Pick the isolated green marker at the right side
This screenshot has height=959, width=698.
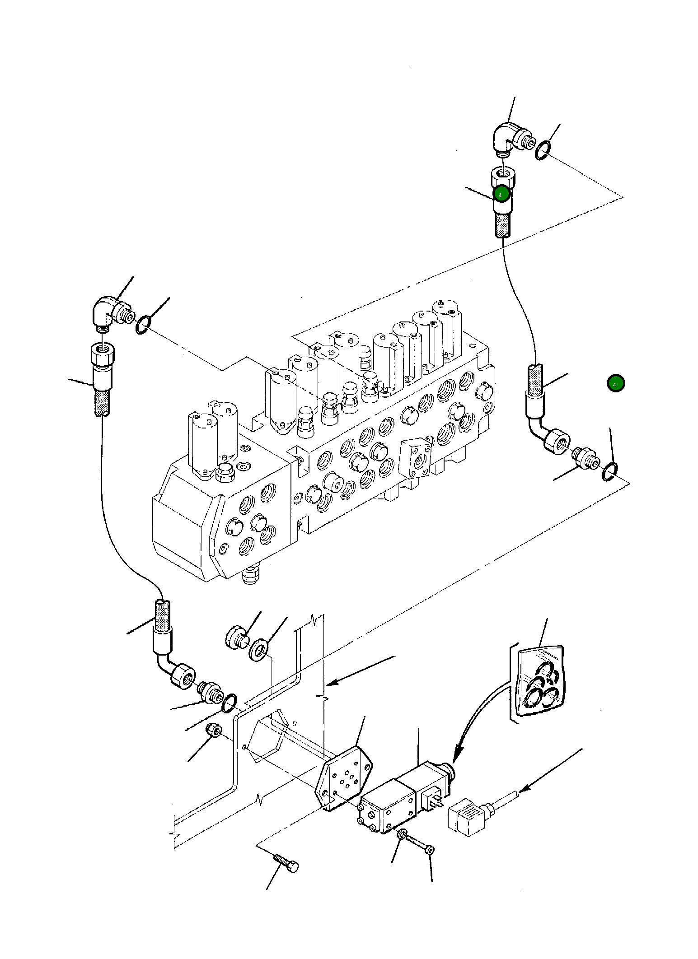click(x=615, y=383)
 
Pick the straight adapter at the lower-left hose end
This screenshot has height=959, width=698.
click(x=210, y=692)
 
